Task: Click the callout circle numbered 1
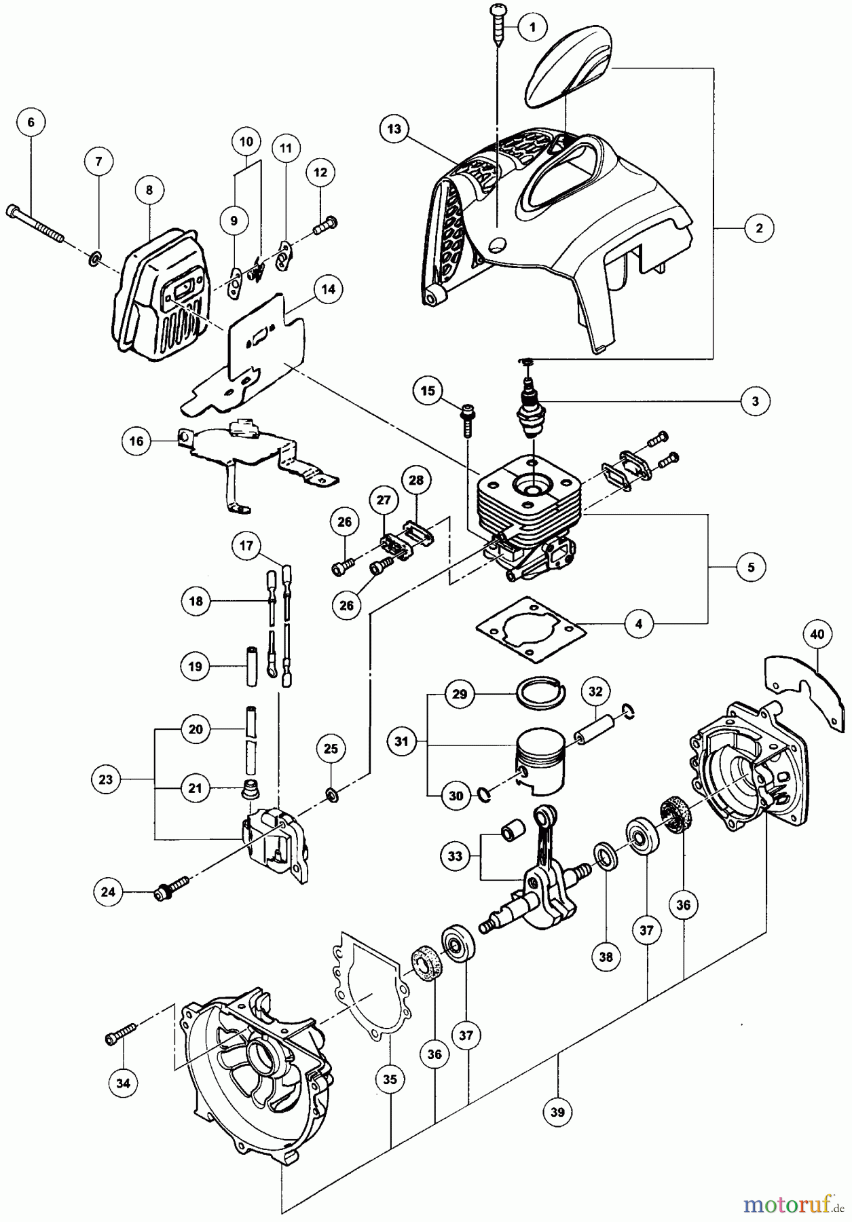coord(532,28)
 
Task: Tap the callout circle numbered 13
coord(395,128)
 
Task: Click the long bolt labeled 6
coord(35,224)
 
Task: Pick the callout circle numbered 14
coord(328,289)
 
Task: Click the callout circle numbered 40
coord(817,634)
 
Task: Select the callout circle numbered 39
coord(558,1111)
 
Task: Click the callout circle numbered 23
coord(105,779)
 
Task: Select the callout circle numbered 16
coord(136,442)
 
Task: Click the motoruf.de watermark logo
coord(794,1203)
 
